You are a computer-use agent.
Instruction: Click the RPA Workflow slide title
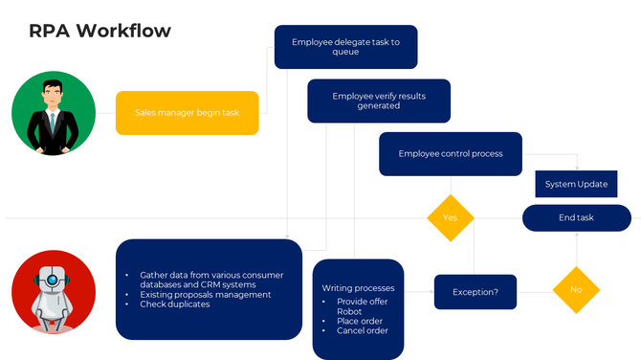[x=100, y=31]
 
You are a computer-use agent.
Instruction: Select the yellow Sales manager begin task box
[x=187, y=113]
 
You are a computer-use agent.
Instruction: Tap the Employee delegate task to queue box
[x=345, y=47]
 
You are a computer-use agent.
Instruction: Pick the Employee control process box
[x=450, y=153]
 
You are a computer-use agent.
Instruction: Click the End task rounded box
[x=576, y=217]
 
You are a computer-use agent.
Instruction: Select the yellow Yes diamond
[x=450, y=218]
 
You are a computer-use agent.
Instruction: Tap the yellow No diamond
[x=576, y=288]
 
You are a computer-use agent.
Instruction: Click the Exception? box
[x=475, y=291]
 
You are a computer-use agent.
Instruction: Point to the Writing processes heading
[x=358, y=287]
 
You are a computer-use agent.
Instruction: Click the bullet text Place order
[x=360, y=321]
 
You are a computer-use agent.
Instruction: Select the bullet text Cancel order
[x=363, y=331]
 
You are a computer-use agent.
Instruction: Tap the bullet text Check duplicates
[x=174, y=304]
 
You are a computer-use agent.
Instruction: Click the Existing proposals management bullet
[x=205, y=295]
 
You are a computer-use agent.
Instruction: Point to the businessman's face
[x=53, y=95]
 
